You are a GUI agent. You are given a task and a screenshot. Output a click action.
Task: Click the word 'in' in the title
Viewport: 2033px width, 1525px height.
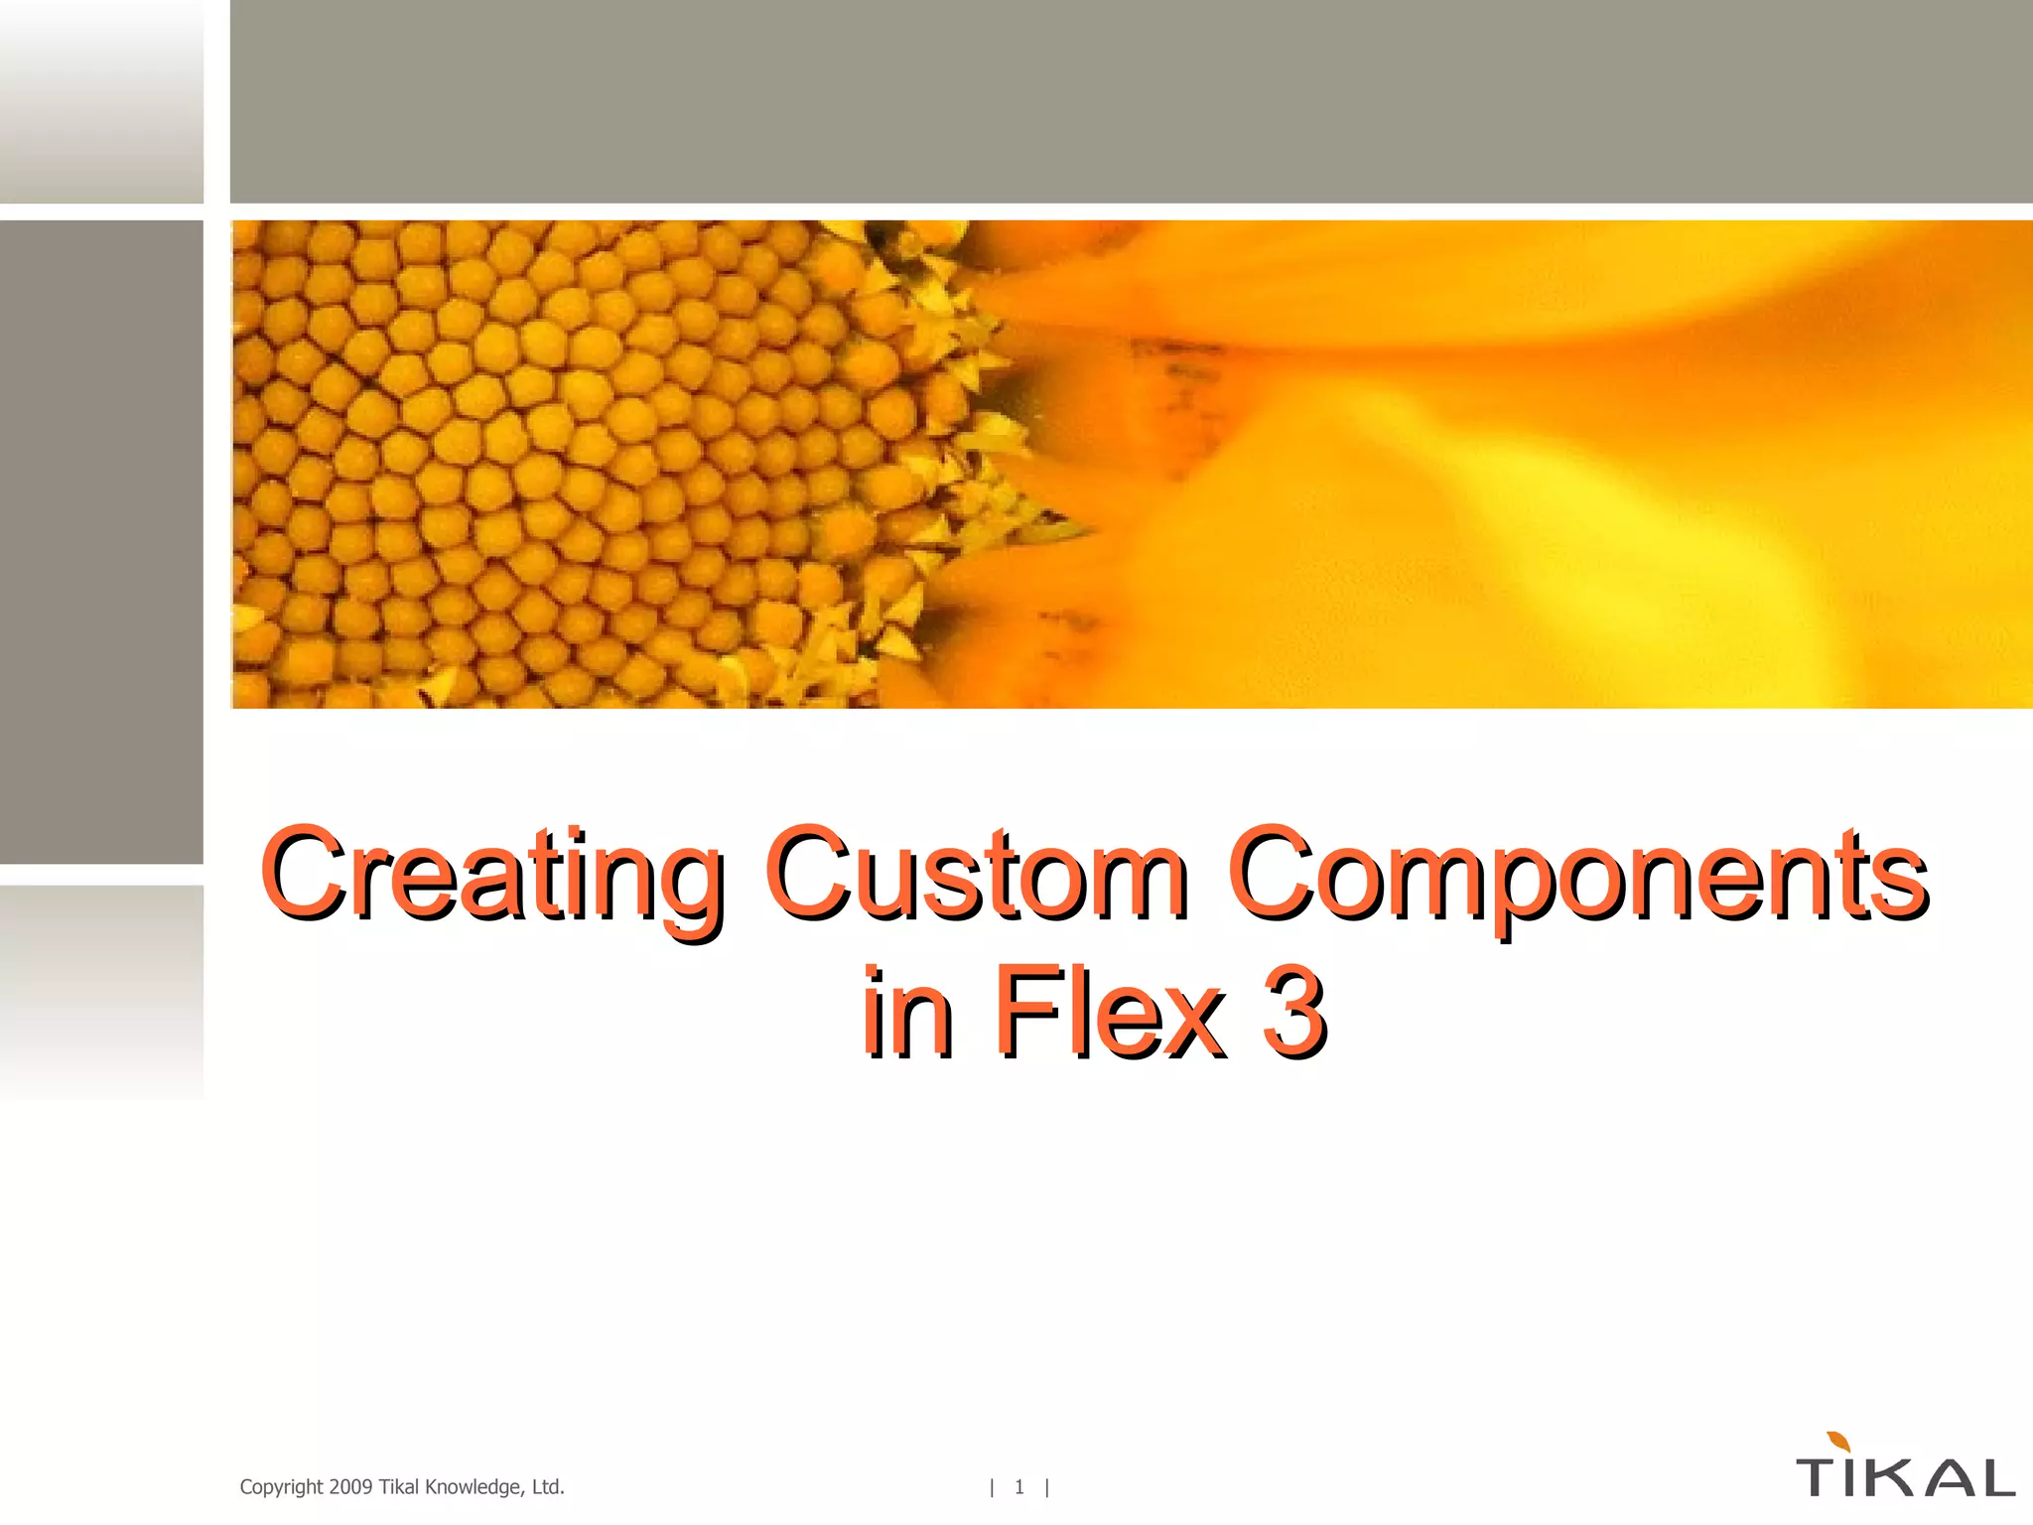907,1013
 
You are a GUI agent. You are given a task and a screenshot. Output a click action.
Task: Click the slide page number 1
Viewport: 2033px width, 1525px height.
1018,1487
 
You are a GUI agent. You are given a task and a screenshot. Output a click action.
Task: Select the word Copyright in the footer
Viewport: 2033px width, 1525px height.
281,1487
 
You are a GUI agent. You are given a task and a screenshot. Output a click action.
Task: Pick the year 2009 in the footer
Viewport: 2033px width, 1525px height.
350,1487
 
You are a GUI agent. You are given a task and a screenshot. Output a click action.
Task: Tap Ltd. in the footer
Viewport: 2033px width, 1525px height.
548,1487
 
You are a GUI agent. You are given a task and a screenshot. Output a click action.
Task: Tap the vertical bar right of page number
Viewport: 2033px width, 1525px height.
1046,1487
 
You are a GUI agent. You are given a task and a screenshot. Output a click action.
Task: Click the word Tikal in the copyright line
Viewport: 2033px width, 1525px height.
399,1487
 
